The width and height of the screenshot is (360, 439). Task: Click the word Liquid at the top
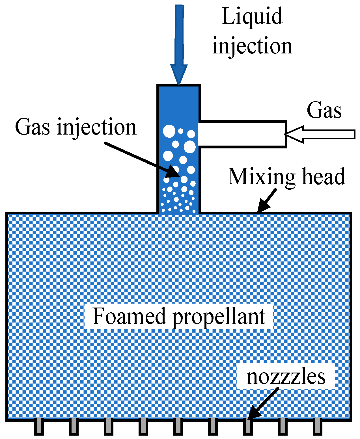click(x=252, y=16)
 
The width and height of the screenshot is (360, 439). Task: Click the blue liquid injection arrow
click(x=179, y=42)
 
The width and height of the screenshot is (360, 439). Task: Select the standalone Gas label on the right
click(x=324, y=110)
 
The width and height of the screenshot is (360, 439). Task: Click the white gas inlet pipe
click(x=243, y=134)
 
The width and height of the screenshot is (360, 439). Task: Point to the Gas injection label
click(x=76, y=127)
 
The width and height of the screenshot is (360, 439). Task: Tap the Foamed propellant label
click(x=179, y=316)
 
